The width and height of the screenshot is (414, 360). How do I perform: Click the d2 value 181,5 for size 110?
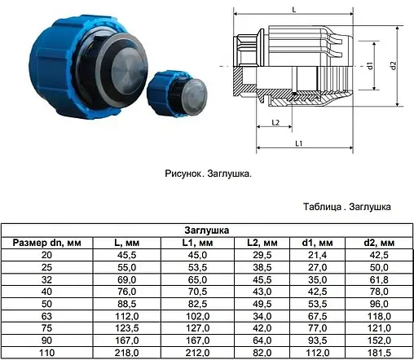click(379, 353)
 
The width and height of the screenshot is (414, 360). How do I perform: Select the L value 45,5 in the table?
click(127, 255)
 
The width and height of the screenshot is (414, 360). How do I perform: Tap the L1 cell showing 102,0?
click(197, 316)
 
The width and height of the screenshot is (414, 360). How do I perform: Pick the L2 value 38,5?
click(262, 267)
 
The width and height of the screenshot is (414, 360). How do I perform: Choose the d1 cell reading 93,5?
click(317, 340)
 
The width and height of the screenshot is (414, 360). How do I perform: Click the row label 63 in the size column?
click(46, 316)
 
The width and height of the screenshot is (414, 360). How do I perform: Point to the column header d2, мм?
click(379, 243)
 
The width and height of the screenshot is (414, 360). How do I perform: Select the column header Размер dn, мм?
click(46, 243)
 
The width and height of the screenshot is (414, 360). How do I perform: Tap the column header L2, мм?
click(262, 243)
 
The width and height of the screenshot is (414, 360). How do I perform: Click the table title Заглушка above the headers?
click(207, 230)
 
